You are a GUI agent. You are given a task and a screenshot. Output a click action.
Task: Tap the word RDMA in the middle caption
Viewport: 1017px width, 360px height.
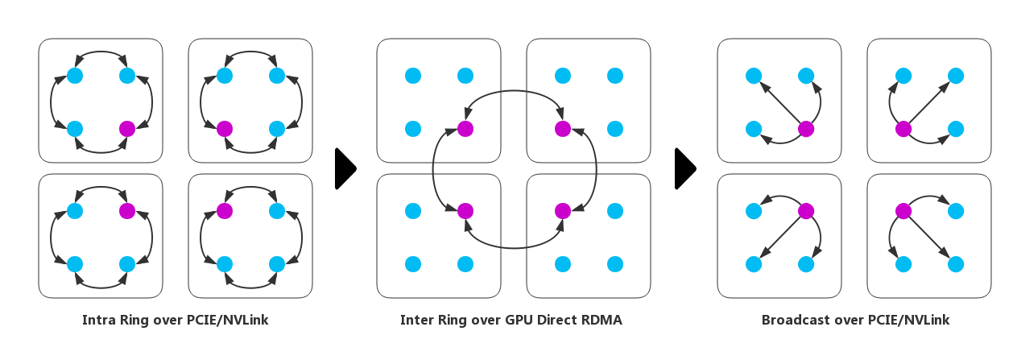click(601, 321)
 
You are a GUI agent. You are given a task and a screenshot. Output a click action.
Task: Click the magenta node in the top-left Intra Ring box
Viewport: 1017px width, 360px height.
click(127, 129)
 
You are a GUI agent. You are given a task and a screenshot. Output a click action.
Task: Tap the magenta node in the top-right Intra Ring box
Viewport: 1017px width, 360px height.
click(225, 129)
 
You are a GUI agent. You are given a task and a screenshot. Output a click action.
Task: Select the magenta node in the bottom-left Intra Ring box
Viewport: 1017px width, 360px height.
click(127, 211)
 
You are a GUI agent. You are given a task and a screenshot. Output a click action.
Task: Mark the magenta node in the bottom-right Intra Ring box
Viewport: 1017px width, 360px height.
click(225, 211)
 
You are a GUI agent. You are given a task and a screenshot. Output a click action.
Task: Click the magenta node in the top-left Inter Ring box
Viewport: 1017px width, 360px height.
click(465, 129)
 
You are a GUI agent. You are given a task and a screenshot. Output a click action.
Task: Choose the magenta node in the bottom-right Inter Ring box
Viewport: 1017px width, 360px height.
click(563, 211)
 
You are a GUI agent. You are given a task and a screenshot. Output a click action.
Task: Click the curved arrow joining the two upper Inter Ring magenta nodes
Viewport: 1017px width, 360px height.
click(514, 93)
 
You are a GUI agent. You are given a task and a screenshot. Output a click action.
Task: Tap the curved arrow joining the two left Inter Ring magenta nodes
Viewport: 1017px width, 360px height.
click(434, 170)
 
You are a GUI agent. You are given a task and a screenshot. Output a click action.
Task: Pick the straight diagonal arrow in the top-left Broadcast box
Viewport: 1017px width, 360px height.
click(779, 102)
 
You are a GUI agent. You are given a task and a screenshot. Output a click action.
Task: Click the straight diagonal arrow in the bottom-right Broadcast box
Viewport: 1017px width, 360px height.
click(930, 238)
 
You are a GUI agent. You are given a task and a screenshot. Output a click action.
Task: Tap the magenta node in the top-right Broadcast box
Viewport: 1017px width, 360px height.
click(903, 129)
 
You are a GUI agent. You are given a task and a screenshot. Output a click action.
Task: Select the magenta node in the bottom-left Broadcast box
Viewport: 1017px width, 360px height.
click(806, 211)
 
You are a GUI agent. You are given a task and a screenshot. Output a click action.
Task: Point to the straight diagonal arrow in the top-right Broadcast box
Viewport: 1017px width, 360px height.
click(930, 102)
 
